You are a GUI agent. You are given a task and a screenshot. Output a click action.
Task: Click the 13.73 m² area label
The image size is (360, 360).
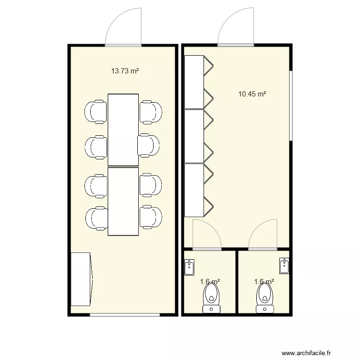tap(125, 71)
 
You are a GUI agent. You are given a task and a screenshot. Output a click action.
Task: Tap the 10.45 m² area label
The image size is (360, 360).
tap(252, 94)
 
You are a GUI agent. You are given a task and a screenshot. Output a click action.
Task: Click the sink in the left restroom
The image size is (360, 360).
tap(190, 266)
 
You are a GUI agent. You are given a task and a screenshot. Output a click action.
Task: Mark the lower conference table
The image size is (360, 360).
tap(123, 202)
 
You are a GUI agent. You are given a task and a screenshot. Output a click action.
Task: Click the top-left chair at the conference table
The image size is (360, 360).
tap(96, 111)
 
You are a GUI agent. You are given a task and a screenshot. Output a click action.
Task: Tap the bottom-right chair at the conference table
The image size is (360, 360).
tap(151, 217)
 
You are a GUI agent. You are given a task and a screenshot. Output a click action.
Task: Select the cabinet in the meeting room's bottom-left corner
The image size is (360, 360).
tap(81, 279)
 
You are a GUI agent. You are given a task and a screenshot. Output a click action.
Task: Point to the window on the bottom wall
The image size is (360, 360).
tap(125, 314)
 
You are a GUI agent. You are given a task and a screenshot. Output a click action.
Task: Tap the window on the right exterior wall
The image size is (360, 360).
tap(291, 106)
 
